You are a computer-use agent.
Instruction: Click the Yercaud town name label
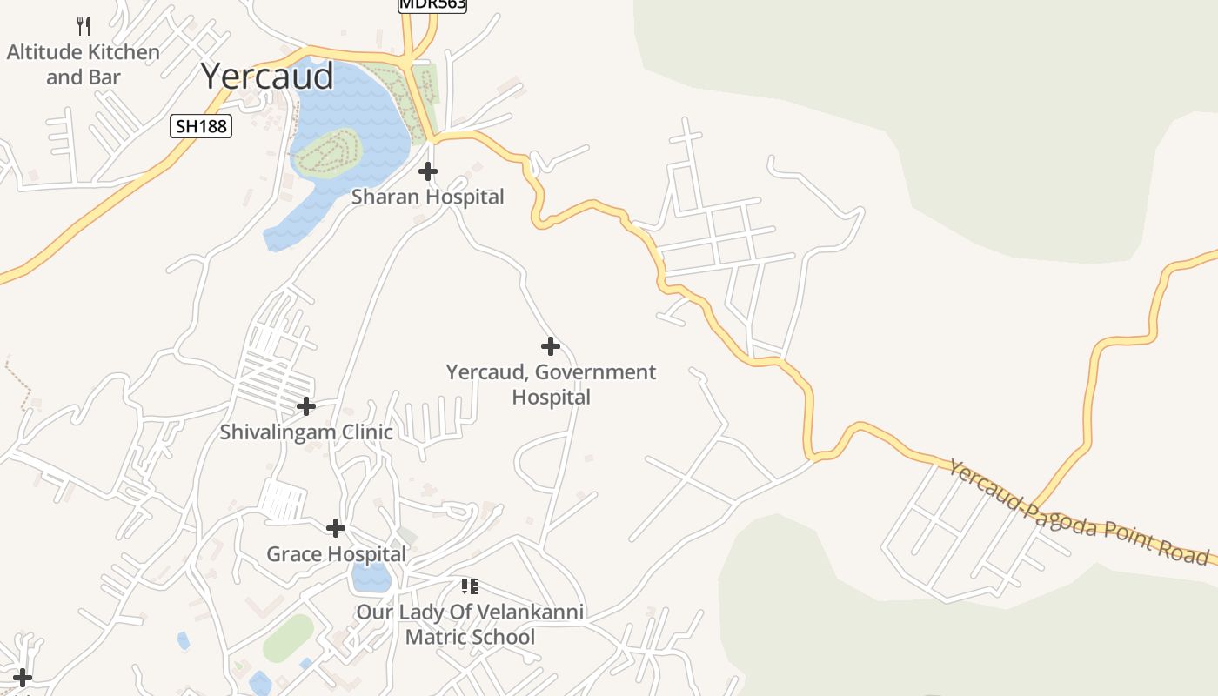point(267,77)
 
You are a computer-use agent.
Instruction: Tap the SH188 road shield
point(201,126)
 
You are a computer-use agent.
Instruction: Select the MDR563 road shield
point(432,4)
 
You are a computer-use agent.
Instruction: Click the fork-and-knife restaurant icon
point(84,25)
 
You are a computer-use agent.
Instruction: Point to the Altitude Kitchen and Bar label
point(84,64)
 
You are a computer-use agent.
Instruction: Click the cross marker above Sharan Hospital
point(428,171)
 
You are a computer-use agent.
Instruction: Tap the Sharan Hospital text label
point(428,197)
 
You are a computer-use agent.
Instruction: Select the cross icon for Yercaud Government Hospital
point(551,346)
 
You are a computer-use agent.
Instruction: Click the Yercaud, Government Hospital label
point(551,385)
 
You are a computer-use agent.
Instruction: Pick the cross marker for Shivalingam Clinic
point(306,406)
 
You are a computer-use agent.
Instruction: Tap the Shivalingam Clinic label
point(306,432)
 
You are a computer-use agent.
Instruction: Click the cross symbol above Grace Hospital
point(336,528)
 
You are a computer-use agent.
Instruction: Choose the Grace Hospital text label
point(336,554)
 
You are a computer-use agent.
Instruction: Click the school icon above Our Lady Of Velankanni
point(470,586)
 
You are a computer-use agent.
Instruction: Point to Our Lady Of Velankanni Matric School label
point(470,625)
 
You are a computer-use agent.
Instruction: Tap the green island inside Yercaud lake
point(327,155)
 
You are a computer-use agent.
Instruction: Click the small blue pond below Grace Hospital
point(371,576)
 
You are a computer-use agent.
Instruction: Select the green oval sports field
point(288,638)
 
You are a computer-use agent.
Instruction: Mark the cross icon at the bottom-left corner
point(23,678)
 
